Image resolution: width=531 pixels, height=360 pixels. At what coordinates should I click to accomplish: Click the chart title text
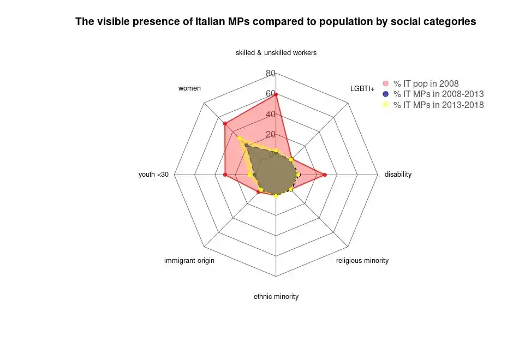276,21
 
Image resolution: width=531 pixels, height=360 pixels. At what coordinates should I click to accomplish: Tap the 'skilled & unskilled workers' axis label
276,53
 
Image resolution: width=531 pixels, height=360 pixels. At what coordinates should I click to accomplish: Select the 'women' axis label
190,88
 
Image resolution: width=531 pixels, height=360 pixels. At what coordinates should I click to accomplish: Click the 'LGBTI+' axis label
362,89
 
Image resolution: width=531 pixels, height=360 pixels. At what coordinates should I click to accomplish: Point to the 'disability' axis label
398,174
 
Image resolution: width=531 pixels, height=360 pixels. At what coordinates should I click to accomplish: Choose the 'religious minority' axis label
362,261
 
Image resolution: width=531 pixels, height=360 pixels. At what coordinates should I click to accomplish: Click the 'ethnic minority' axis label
276,296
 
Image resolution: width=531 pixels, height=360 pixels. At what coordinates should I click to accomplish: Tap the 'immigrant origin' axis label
189,261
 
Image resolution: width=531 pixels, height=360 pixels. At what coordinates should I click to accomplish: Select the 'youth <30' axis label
153,174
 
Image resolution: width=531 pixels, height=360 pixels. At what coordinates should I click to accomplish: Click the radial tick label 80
271,74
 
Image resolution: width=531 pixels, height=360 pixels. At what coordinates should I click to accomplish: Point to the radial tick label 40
271,115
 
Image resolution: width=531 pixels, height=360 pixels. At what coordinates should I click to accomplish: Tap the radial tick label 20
271,135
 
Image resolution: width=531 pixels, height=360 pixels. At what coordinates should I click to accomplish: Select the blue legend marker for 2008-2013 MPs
386,94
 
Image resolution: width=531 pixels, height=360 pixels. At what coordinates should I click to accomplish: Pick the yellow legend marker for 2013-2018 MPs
386,105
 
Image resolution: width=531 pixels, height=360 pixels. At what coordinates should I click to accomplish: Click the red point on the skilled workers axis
276,95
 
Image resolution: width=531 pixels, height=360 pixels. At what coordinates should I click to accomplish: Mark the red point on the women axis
225,124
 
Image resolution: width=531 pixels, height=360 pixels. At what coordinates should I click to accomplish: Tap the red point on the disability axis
325,175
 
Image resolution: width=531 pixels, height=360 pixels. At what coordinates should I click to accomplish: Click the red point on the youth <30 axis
225,175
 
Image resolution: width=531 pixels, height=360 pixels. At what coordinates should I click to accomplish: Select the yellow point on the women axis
239,138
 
